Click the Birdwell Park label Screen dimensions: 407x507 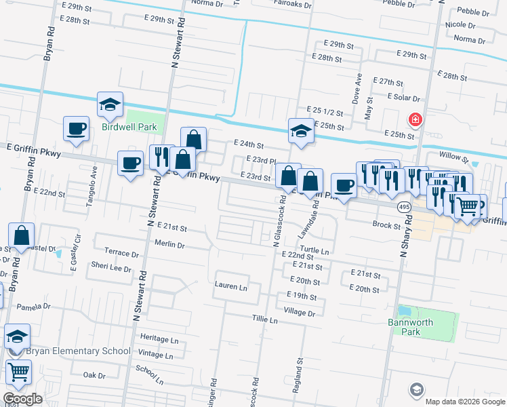tap(129, 127)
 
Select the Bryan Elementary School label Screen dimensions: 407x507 tap(78, 351)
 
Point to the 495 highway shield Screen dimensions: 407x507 tap(404, 206)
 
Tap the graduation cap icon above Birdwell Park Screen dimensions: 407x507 tap(109, 105)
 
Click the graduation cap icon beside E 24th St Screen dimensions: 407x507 tap(300, 132)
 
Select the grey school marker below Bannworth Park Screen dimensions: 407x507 tap(416, 390)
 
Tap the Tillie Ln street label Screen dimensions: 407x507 tap(265, 319)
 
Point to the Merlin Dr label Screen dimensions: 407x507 tap(169, 246)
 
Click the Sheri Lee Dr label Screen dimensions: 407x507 tap(110, 268)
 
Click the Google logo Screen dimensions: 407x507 tap(23, 399)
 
